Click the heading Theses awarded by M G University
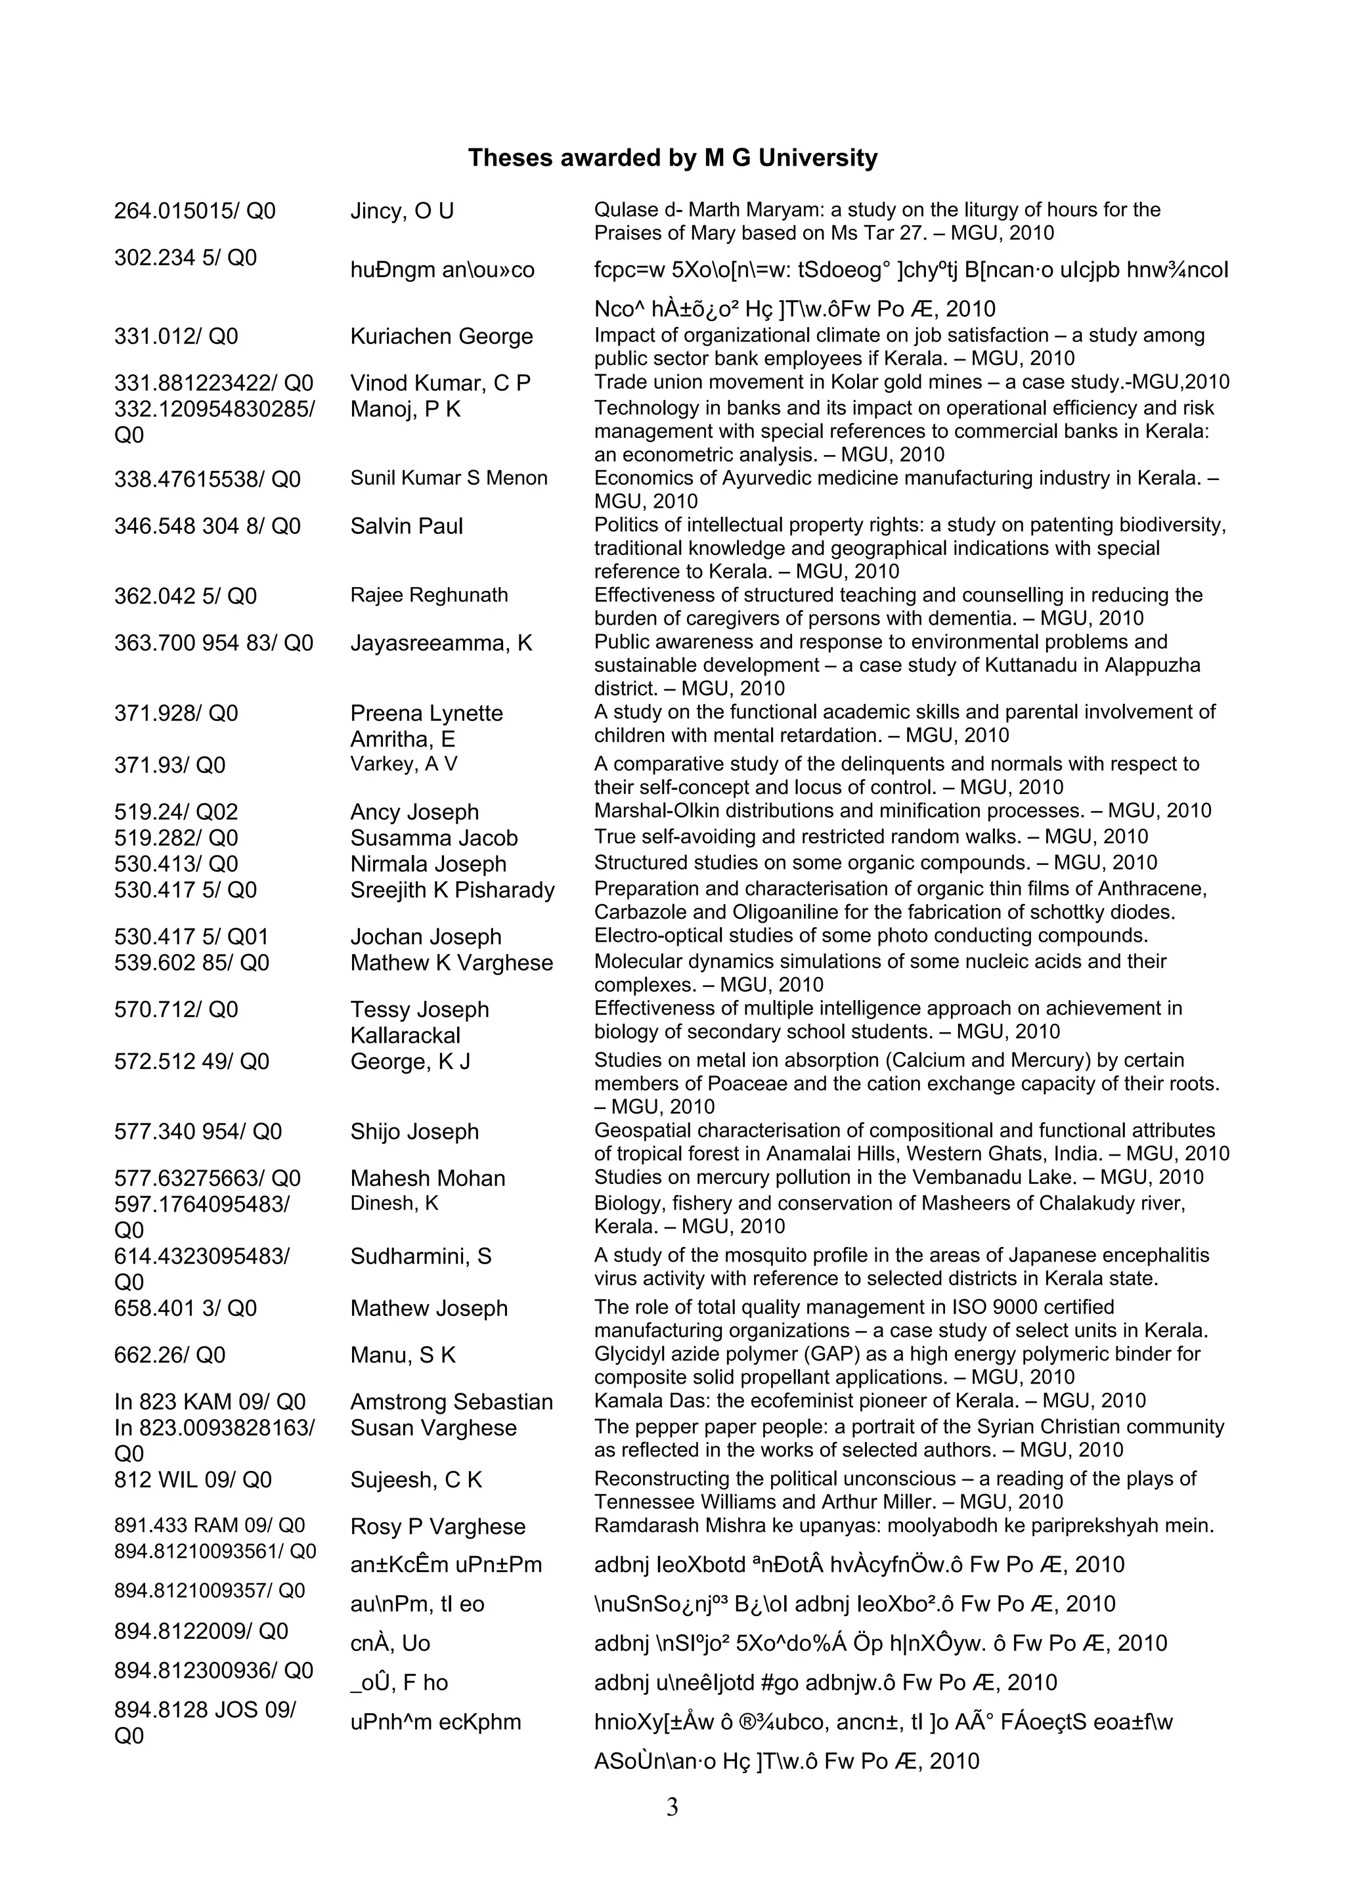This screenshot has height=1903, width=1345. pos(672,158)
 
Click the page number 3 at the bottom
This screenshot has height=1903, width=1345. pos(672,1807)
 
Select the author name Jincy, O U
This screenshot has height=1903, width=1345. pos(402,211)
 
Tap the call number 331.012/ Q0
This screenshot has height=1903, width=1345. pos(176,336)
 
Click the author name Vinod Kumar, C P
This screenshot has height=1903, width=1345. pos(440,383)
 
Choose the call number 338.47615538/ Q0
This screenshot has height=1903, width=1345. pos(207,480)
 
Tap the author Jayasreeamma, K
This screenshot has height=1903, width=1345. pos(441,643)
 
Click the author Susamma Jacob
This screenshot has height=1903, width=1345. pos(433,838)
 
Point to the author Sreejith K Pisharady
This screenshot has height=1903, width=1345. pos(452,890)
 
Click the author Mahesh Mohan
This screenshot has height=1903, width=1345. pos(427,1179)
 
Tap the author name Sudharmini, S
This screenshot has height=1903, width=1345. pos(420,1256)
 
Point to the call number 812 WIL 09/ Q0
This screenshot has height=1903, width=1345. pos(192,1480)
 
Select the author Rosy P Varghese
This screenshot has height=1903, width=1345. pos(437,1527)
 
